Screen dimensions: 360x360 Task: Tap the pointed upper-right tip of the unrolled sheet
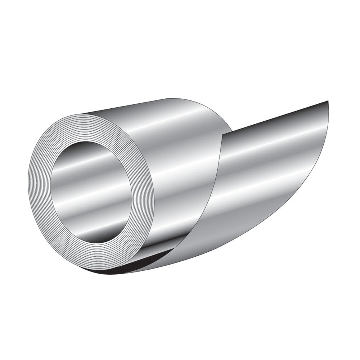click(x=328, y=101)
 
